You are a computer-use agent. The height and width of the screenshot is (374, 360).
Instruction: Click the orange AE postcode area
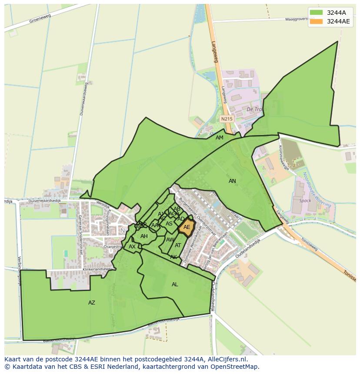click(186, 227)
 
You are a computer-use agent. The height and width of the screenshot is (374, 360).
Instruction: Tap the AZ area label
click(92, 303)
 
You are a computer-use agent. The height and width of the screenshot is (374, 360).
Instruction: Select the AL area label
click(175, 285)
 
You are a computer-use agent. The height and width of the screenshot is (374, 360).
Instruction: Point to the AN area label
click(233, 181)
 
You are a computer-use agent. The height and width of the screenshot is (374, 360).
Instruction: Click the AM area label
click(220, 138)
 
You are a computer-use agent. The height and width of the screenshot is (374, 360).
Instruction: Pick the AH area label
click(144, 236)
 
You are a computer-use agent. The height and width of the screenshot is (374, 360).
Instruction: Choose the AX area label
click(132, 247)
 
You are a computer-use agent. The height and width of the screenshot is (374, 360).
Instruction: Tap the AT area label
click(178, 245)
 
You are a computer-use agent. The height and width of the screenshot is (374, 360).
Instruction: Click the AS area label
click(169, 224)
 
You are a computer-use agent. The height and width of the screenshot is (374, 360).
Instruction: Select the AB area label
click(177, 209)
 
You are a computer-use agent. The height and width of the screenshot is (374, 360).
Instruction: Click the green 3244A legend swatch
click(316, 13)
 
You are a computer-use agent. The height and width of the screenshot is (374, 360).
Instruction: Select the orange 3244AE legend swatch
click(316, 21)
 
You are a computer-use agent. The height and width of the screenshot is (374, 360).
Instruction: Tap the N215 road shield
click(227, 119)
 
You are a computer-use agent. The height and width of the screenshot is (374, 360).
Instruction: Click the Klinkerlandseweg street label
click(97, 269)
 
